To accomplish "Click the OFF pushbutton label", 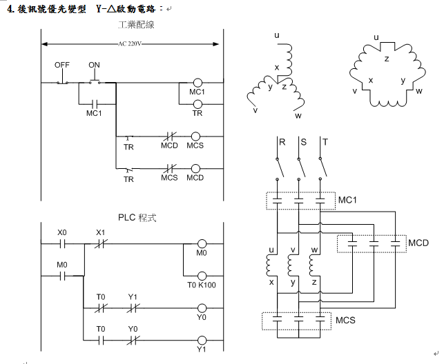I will tap(62, 65).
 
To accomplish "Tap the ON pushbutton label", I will tap(95, 65).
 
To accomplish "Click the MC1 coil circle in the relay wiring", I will tap(197, 82).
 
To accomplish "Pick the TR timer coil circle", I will tap(197, 103).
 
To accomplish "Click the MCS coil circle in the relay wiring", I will tap(197, 136).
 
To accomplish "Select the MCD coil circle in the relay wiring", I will tap(197, 168).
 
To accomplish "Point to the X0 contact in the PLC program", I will tap(63, 243).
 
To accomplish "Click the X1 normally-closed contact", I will tap(99, 243).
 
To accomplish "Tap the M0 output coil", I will tap(202, 243).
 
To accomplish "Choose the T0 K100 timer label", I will tap(202, 284).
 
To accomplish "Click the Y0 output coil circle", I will tap(202, 307).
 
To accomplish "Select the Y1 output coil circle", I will tap(202, 339).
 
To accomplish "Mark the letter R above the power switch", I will tap(282, 142).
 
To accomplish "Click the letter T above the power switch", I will tap(324, 142).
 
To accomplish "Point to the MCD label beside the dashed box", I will tap(418, 243).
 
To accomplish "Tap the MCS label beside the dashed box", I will tap(346, 321).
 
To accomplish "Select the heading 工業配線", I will tap(136, 25).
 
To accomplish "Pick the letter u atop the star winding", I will tap(277, 35).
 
